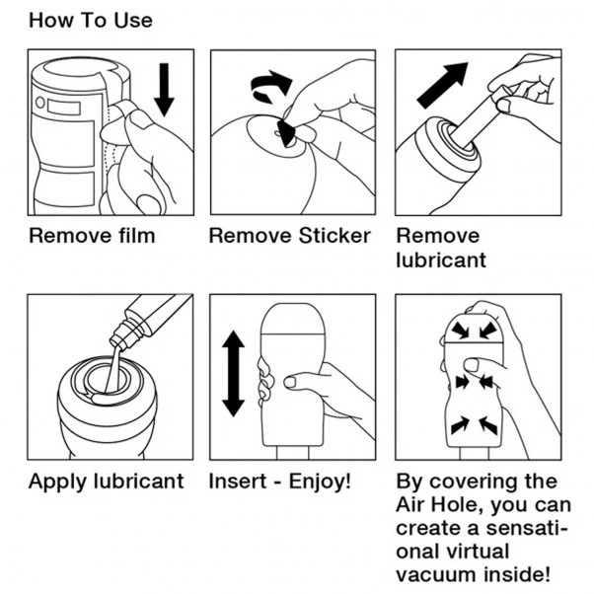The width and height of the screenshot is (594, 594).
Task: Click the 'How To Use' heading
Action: coord(91,21)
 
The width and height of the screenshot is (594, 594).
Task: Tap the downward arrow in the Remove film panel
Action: coord(164,90)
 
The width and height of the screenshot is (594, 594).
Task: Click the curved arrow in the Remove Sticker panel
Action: coord(270,86)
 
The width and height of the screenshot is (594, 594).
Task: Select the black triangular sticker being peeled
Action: coord(286,133)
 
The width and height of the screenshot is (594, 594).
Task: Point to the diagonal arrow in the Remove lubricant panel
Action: coord(442,85)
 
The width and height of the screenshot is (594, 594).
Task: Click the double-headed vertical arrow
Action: coord(233,374)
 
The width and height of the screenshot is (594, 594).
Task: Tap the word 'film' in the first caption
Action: coord(136,236)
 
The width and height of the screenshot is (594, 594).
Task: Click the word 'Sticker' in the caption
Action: coord(334,236)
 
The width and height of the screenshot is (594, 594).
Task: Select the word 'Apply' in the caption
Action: coord(58,483)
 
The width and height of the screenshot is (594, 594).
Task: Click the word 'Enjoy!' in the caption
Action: coord(320,482)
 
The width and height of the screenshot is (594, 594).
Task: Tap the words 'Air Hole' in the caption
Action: coord(440,504)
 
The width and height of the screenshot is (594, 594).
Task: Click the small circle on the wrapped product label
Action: coord(39,103)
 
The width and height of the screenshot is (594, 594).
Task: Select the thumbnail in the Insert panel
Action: coord(290,382)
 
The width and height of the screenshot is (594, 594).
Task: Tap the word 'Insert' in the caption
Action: coord(238,482)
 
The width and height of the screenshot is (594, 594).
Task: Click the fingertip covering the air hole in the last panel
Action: coord(472,365)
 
